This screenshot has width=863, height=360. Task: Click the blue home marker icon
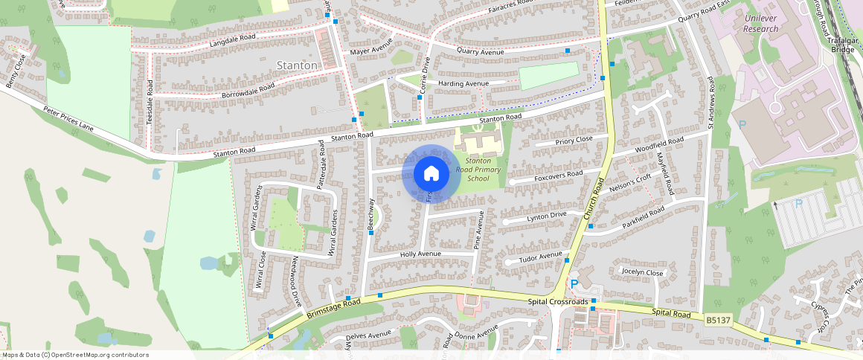click(431, 174)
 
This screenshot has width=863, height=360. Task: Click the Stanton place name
click(296, 65)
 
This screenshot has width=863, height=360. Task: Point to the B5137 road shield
click(719, 320)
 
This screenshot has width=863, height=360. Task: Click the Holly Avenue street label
click(420, 254)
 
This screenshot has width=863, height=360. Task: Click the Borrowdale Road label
click(248, 91)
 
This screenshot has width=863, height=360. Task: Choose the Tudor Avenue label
click(540, 257)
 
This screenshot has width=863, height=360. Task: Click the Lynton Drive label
click(547, 216)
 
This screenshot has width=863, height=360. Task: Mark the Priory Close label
click(574, 140)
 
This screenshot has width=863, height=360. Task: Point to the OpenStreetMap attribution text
click(75, 355)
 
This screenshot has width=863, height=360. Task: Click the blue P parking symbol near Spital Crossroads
click(574, 284)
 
